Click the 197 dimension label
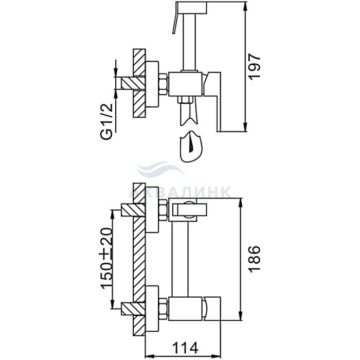(x=255, y=67)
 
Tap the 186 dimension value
(x=255, y=259)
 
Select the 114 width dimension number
(x=185, y=348)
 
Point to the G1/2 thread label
(x=107, y=121)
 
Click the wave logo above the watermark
(x=160, y=170)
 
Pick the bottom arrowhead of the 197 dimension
(x=245, y=127)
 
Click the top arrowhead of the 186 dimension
(x=240, y=202)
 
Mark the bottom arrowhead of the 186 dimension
(x=240, y=316)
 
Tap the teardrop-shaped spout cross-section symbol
(x=191, y=147)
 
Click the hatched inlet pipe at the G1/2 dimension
(x=133, y=83)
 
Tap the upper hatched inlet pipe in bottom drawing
(x=133, y=210)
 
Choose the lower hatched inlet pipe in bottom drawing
(x=133, y=309)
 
